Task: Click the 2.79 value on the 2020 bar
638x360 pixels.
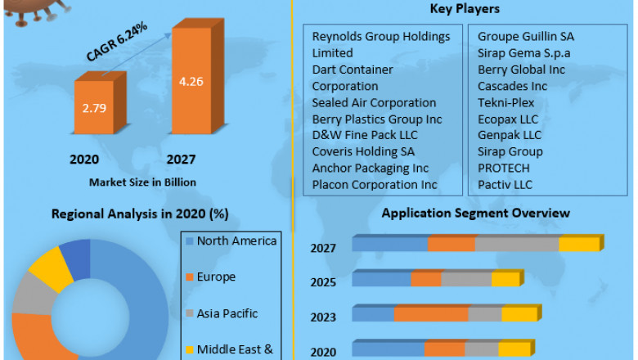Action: point(95,107)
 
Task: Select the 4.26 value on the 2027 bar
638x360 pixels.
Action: point(191,81)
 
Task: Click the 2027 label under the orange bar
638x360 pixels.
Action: point(182,160)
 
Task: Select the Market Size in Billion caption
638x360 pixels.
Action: point(142,181)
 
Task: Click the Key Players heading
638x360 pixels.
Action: point(465,9)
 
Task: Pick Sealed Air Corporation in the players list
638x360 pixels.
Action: point(374,102)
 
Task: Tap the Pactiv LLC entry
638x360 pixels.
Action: point(505,184)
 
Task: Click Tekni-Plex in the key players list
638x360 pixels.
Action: point(505,102)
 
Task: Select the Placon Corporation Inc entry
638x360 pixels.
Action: point(374,184)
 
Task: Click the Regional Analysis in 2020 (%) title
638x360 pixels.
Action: point(139,214)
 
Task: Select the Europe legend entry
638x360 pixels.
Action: point(216,277)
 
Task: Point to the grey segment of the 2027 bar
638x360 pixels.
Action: point(517,245)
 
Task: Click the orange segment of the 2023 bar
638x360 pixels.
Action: point(430,314)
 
